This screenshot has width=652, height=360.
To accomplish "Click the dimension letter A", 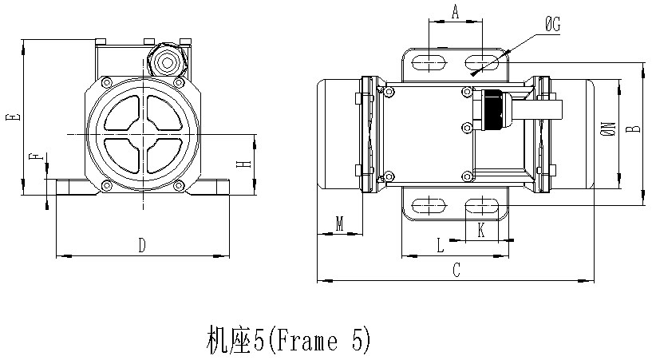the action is pos(456,13).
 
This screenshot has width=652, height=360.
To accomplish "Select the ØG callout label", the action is pos(553,25).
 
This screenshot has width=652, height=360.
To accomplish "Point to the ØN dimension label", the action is pos(608,129).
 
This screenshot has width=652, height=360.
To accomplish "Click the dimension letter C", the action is pos(456,271).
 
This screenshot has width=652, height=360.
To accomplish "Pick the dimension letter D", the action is pos(142,245).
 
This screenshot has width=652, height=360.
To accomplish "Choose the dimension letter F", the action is pos(36,156).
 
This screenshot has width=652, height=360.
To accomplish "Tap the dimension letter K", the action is pos(481,229).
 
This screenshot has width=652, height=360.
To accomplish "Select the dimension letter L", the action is pos(441,245).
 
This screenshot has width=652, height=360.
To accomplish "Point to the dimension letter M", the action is pos(340,224).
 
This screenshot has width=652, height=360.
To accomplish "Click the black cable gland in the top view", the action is pos(492,109).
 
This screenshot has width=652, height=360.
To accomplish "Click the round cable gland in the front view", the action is pos(167,63).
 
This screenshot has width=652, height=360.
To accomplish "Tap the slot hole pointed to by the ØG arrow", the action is pos(481,63).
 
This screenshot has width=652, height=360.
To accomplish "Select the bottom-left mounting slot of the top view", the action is pos(429,206).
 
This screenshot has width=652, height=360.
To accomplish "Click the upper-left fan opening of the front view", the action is pos(122,113).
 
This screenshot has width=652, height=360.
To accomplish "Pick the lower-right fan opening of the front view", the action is pos(166,156).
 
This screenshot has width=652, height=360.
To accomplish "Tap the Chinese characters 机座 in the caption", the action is pos(230,340).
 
